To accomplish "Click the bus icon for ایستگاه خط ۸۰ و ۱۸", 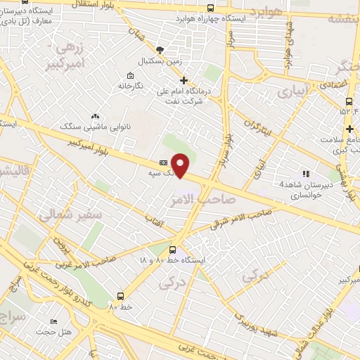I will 173,250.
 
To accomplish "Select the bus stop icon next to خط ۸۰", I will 121,296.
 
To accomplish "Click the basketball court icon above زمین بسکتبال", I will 160,50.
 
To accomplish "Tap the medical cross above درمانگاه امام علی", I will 184,80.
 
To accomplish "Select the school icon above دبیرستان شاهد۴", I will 304,174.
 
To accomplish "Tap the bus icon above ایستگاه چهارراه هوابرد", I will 210,8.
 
